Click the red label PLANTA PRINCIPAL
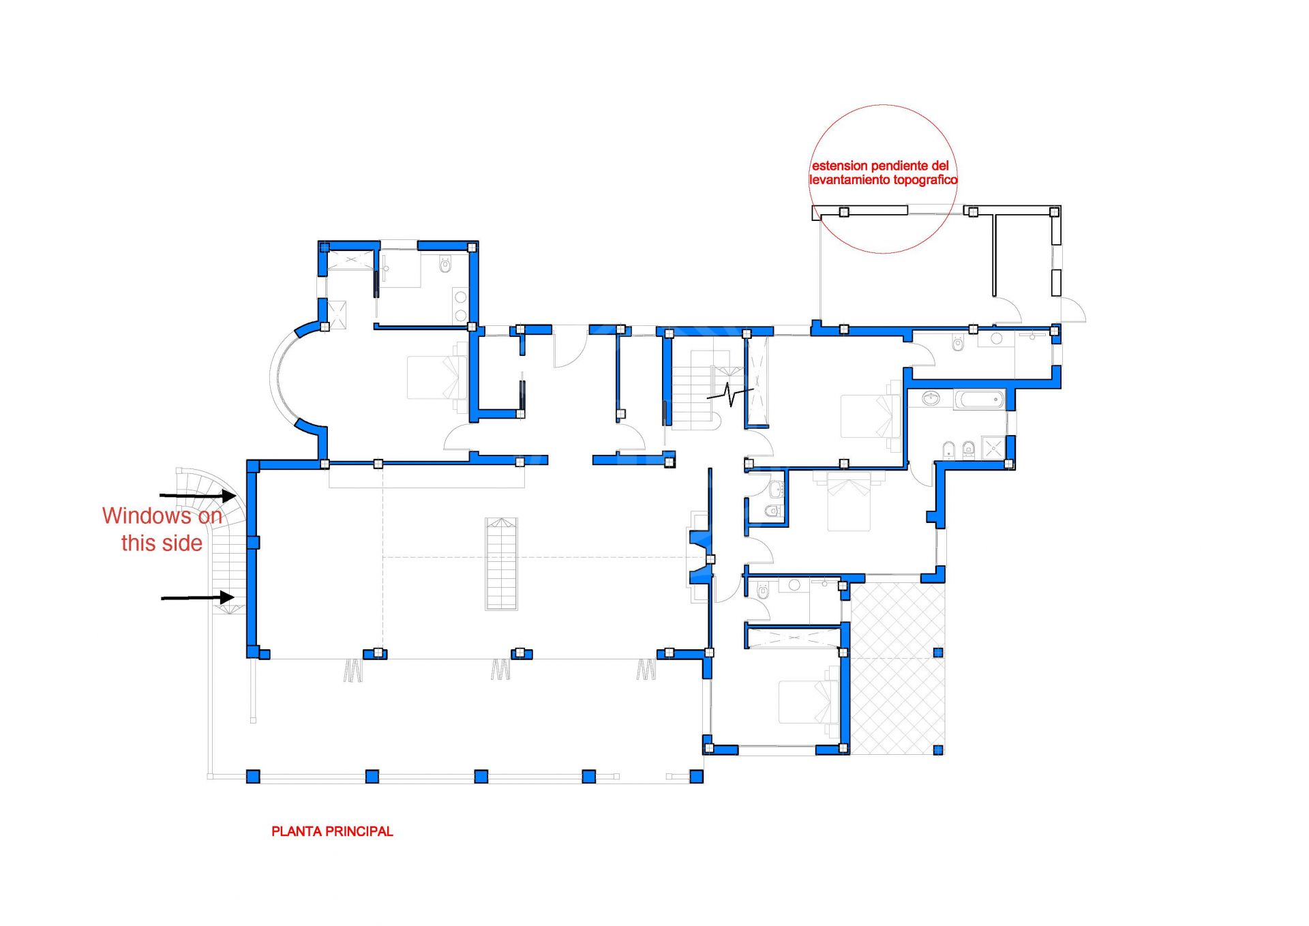332,831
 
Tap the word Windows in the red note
147,516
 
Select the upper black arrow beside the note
198,495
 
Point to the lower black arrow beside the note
198,598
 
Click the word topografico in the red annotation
924,180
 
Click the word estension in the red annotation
839,166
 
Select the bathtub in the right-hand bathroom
979,399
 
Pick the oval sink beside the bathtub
931,398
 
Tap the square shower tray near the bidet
993,448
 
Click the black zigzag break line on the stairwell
729,394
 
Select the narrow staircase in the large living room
501,564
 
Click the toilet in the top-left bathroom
446,264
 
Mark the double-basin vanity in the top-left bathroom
461,306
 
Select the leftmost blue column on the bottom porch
253,776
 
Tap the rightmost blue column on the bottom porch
696,776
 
